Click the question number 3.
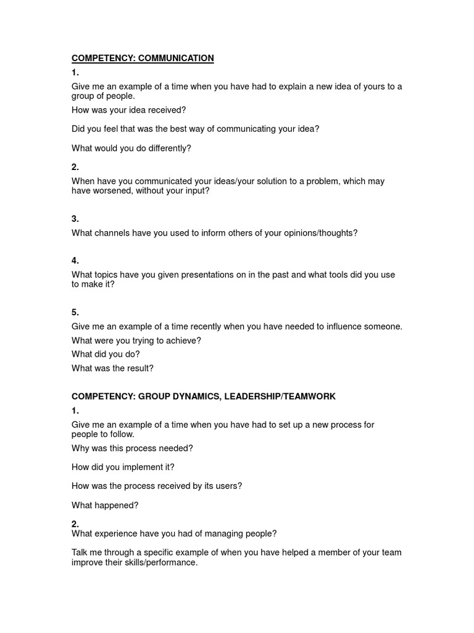75,219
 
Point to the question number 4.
75,260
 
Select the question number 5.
75,312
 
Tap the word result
138,368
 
